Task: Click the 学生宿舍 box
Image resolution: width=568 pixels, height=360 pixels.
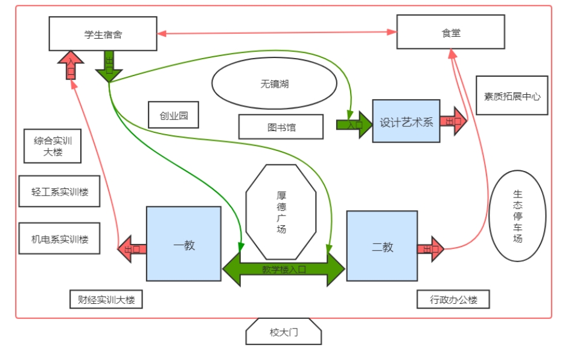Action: pyautogui.click(x=103, y=34)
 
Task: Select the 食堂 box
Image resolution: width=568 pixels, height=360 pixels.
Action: pyautogui.click(x=450, y=32)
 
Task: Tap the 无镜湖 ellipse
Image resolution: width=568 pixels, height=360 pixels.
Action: pyautogui.click(x=274, y=84)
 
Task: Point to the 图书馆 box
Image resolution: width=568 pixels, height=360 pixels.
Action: pyautogui.click(x=281, y=127)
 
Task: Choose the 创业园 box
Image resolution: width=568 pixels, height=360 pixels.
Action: pyautogui.click(x=174, y=115)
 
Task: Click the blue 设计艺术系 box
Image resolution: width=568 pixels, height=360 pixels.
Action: pyautogui.click(x=406, y=121)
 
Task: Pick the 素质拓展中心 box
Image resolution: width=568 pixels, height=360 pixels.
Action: pyautogui.click(x=512, y=95)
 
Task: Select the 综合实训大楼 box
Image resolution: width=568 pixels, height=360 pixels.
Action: pyautogui.click(x=53, y=146)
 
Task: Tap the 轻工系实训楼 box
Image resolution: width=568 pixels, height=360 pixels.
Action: pyautogui.click(x=60, y=191)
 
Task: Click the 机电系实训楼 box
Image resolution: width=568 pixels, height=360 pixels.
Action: pyautogui.click(x=60, y=239)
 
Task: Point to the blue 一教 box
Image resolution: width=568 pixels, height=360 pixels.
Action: pyautogui.click(x=183, y=244)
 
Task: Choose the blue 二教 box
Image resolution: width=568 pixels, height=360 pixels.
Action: pyautogui.click(x=381, y=246)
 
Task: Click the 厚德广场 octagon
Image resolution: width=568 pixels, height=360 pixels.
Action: pyautogui.click(x=281, y=211)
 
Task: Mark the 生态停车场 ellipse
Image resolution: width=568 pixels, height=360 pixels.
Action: pyautogui.click(x=517, y=216)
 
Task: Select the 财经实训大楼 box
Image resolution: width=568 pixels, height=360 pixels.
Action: pyautogui.click(x=106, y=299)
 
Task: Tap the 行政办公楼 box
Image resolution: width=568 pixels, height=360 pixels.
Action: pyautogui.click(x=453, y=299)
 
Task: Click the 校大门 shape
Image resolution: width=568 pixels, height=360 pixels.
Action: pyautogui.click(x=284, y=332)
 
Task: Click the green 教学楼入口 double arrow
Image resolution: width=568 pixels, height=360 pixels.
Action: pyautogui.click(x=284, y=269)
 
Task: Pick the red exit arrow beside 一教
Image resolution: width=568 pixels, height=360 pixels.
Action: pyautogui.click(x=132, y=248)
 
